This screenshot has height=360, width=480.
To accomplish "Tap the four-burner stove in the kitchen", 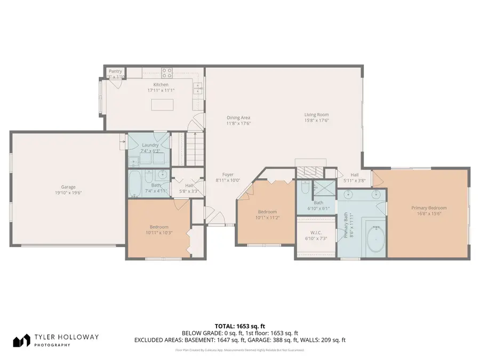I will pyautogui.click(x=167, y=73).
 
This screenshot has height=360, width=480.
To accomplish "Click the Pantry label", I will pyautogui.click(x=115, y=71).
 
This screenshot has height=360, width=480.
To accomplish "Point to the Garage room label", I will pyautogui.click(x=68, y=187).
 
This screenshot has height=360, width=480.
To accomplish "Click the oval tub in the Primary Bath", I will pyautogui.click(x=375, y=239).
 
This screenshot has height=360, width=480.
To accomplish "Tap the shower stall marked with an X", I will pyautogui.click(x=322, y=188).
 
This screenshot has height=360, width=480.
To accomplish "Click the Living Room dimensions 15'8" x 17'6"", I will pyautogui.click(x=316, y=121).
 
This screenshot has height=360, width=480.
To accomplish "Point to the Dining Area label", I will pyautogui.click(x=238, y=118).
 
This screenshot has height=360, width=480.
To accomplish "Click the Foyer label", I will pyautogui.click(x=228, y=174).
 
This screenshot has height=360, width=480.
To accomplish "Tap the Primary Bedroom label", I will pyautogui.click(x=428, y=208).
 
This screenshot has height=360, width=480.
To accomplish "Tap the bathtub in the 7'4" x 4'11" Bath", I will pyautogui.click(x=135, y=184).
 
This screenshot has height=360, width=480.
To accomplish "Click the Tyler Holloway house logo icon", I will pyautogui.click(x=21, y=340).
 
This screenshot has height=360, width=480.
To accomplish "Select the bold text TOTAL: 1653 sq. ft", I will pyautogui.click(x=239, y=325).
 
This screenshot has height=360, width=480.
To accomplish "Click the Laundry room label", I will pyautogui.click(x=150, y=145).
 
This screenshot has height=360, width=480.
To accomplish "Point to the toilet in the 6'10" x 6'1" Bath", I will pyautogui.click(x=303, y=187).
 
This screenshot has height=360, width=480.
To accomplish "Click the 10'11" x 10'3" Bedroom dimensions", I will pyautogui.click(x=159, y=233).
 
